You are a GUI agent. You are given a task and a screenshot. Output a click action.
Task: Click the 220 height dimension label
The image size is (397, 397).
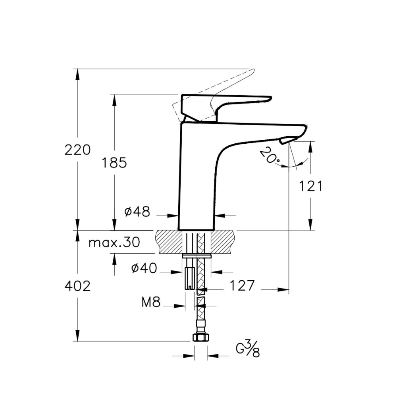77,150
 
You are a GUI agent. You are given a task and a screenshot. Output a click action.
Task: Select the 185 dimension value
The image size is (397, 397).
114,162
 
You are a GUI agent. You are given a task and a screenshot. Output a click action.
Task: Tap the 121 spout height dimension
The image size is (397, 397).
310,186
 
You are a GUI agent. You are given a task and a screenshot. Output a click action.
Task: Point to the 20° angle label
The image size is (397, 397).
270,156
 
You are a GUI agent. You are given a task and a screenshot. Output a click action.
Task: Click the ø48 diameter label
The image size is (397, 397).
137,212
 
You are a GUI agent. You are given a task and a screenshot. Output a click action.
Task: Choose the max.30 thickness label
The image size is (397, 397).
114,243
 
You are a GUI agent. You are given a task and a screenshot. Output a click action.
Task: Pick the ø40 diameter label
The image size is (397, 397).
144,269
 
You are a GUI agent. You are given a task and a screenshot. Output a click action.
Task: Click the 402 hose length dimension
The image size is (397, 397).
77,286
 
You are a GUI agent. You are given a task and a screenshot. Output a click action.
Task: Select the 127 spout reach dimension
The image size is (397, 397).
239,285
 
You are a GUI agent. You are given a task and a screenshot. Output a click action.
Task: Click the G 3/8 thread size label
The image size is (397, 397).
248,349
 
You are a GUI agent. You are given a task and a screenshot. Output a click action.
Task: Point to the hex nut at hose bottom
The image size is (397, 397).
200,337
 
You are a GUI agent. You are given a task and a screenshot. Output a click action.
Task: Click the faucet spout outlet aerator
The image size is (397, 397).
286,140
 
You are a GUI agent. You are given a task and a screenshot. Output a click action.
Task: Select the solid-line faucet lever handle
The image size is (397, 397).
222,101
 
